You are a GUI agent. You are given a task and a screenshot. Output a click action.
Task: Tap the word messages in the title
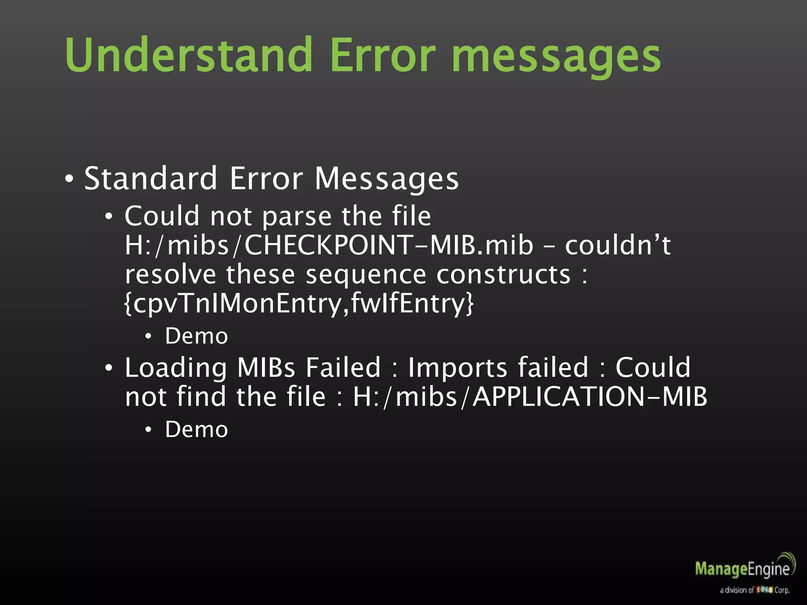coord(556,57)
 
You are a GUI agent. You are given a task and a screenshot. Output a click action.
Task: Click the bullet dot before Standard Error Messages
coord(69,180)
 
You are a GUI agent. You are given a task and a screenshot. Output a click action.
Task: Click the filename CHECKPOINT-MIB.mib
coord(388,245)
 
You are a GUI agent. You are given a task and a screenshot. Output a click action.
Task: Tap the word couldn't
coord(617,245)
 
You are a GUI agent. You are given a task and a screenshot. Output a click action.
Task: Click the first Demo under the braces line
coord(196,336)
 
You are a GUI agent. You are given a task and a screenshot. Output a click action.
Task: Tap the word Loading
coord(176,368)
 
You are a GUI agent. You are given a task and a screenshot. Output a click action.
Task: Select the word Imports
coord(457,368)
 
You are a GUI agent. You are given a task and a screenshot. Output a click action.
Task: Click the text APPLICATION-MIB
coord(589,397)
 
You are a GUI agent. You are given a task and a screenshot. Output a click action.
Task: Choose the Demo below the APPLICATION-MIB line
coord(196,429)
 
